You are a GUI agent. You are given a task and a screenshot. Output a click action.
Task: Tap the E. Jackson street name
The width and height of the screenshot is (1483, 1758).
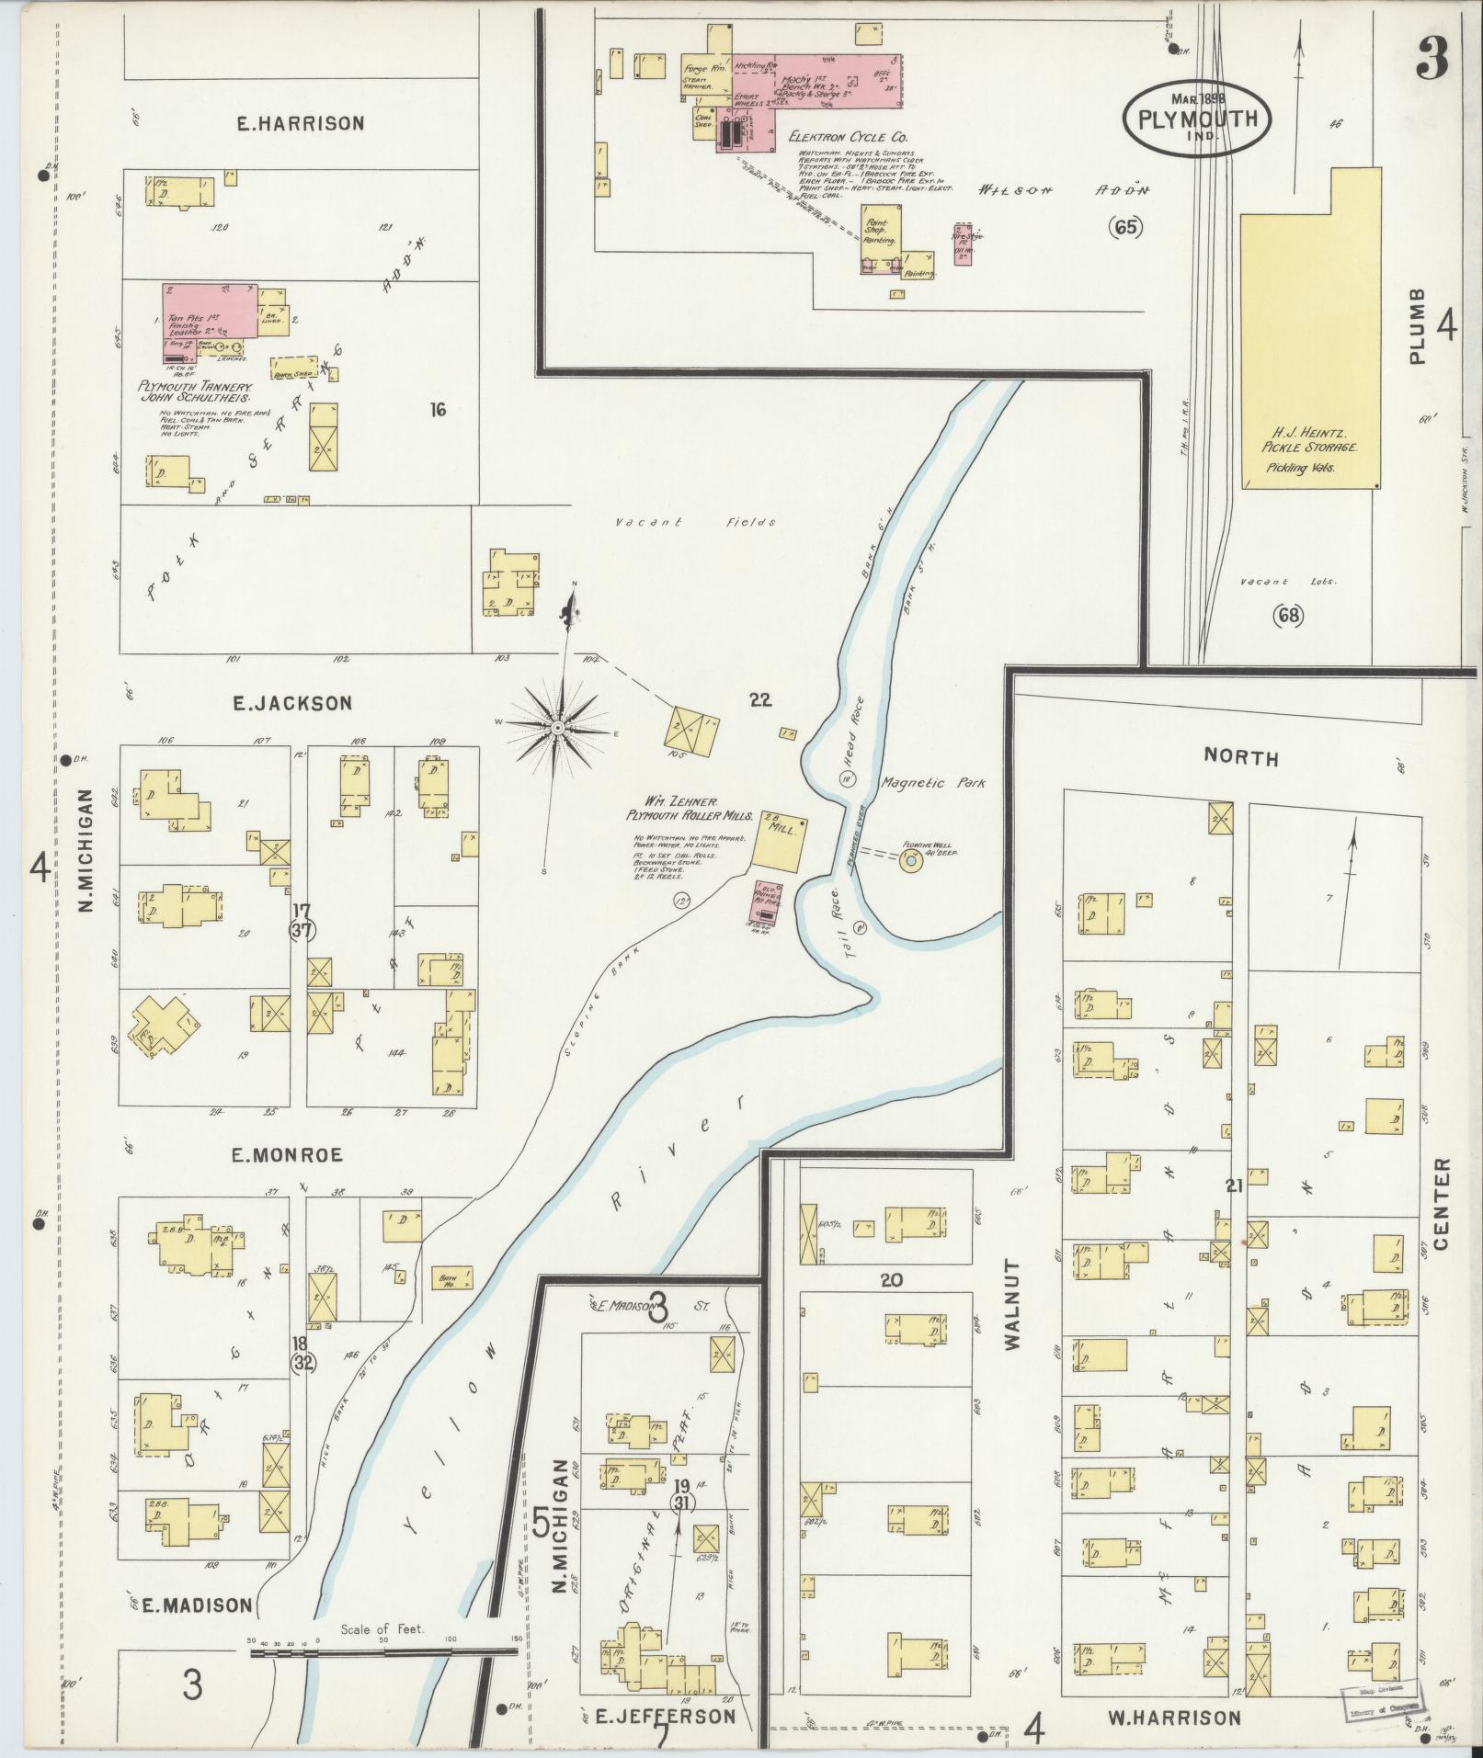pyautogui.click(x=293, y=703)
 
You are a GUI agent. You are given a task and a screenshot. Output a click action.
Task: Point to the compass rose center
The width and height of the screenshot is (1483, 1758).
pyautogui.click(x=557, y=728)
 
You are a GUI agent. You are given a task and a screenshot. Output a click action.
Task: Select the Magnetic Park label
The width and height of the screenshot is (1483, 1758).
pyautogui.click(x=932, y=783)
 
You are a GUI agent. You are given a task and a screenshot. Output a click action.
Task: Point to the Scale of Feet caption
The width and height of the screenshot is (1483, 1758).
pyautogui.click(x=382, y=1628)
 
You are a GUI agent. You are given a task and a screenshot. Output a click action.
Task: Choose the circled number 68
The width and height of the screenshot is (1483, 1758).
pyautogui.click(x=1289, y=616)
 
